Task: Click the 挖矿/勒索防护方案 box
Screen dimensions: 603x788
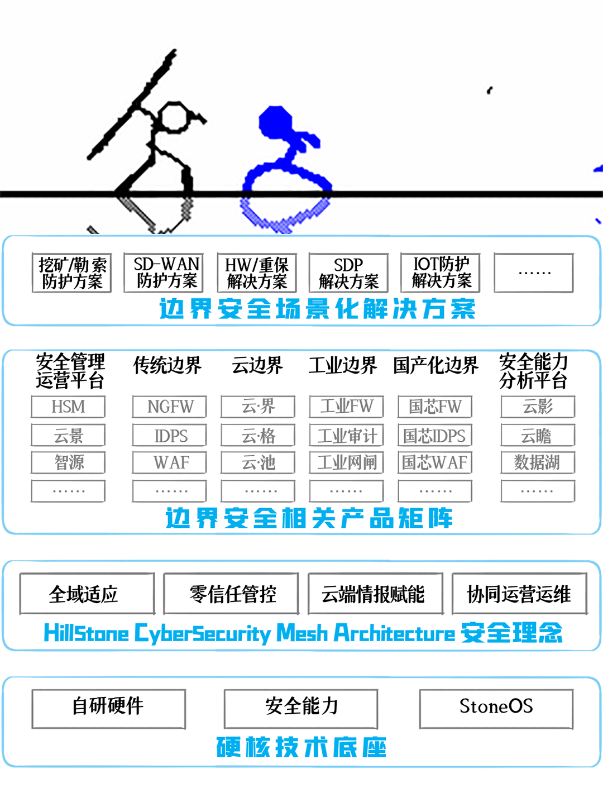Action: point(72,273)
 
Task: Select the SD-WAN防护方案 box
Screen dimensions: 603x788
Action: point(163,273)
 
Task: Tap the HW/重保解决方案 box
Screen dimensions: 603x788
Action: point(257,273)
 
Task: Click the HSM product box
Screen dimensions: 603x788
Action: point(68,407)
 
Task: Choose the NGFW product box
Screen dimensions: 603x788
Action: point(170,407)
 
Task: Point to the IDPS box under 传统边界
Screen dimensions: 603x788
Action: point(170,436)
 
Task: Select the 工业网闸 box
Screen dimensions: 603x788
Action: point(347,462)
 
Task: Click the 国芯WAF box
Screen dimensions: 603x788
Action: point(435,462)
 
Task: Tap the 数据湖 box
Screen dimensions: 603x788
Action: point(538,462)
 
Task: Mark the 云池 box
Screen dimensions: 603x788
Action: point(258,462)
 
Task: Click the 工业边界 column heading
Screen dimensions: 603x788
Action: point(343,366)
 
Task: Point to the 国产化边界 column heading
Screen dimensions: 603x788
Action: point(435,366)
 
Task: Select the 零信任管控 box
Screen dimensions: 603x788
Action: point(231,594)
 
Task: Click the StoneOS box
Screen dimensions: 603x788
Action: point(496,708)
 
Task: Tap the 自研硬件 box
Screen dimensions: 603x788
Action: point(108,708)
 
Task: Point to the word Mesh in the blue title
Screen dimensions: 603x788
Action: point(301,633)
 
